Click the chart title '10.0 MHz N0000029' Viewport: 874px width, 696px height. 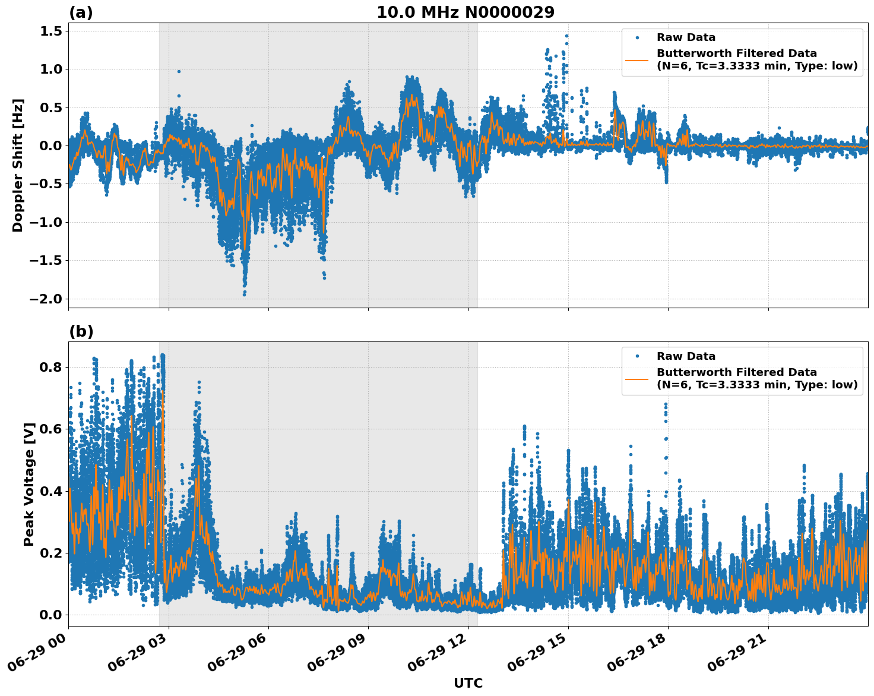point(465,12)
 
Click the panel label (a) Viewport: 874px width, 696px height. point(81,12)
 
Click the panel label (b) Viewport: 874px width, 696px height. point(81,331)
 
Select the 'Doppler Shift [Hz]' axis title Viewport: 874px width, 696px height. point(18,165)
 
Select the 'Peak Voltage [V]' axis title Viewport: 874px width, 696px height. point(29,484)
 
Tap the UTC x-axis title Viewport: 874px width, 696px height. point(468,683)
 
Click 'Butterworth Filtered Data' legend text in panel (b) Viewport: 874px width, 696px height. point(736,372)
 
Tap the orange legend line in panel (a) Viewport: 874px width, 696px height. point(637,60)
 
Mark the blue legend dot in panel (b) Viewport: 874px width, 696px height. point(637,356)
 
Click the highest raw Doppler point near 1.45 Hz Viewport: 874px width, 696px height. point(566,36)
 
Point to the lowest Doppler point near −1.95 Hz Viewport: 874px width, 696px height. point(244,294)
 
